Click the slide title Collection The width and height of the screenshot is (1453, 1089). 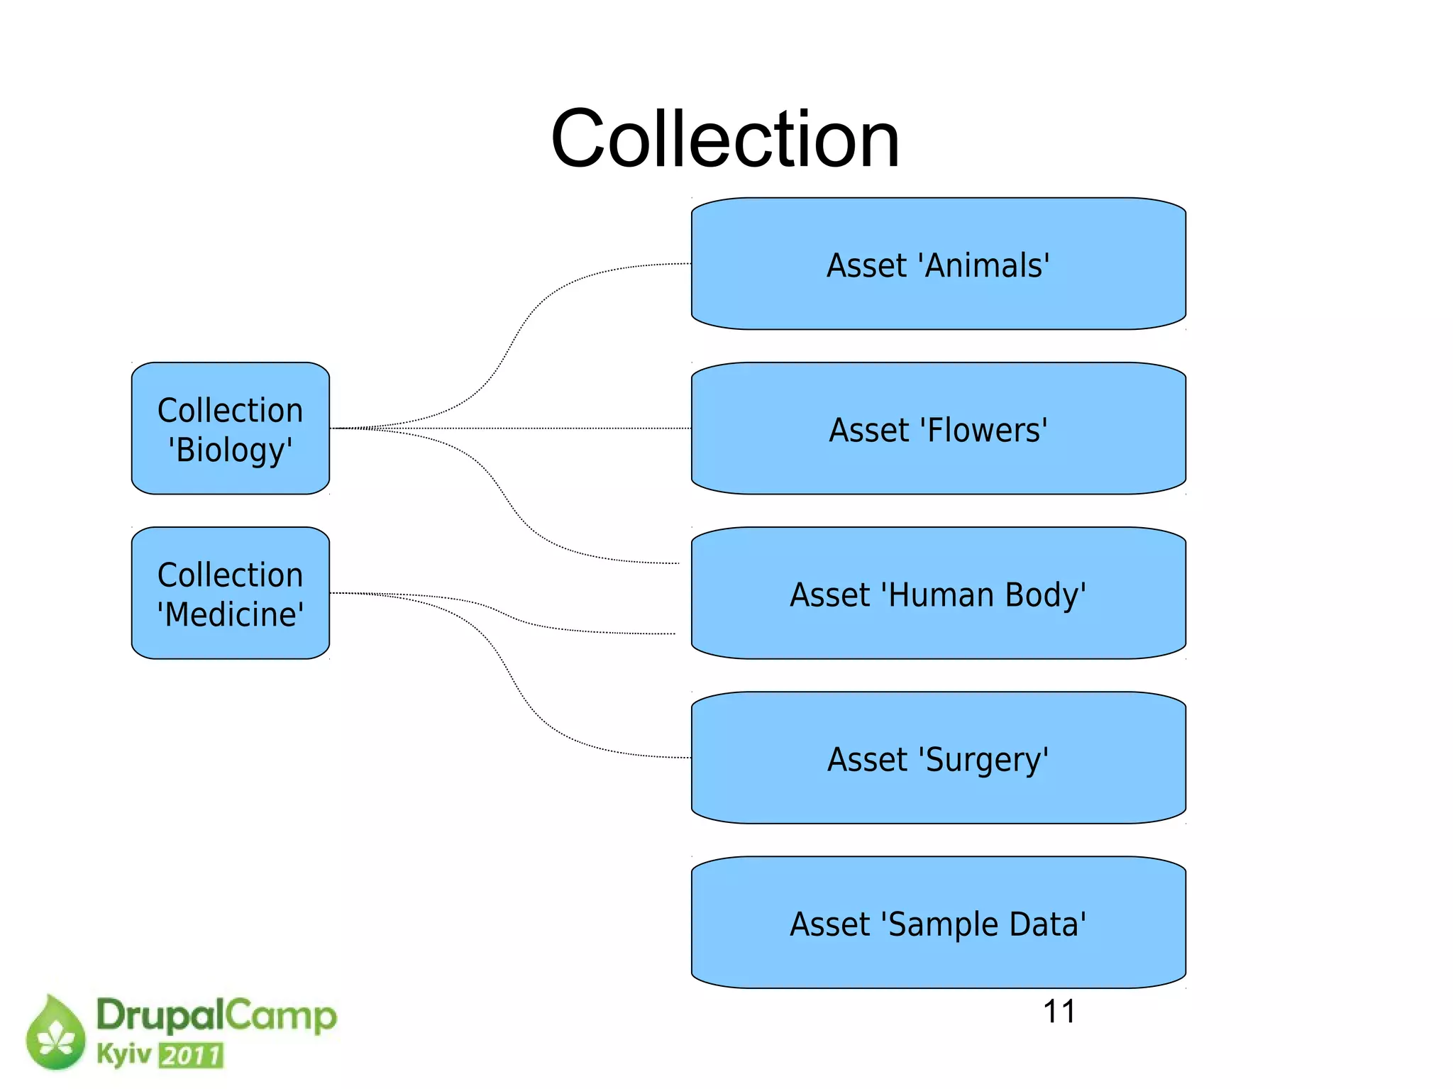(x=725, y=138)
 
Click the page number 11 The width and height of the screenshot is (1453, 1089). (x=1059, y=1012)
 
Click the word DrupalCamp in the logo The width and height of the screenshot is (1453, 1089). (x=216, y=1015)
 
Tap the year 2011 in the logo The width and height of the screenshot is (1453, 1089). (x=192, y=1056)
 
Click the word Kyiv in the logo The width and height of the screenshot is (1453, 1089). (x=124, y=1054)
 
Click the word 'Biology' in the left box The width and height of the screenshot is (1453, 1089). (x=231, y=450)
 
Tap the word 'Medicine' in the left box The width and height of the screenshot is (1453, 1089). (x=231, y=614)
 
